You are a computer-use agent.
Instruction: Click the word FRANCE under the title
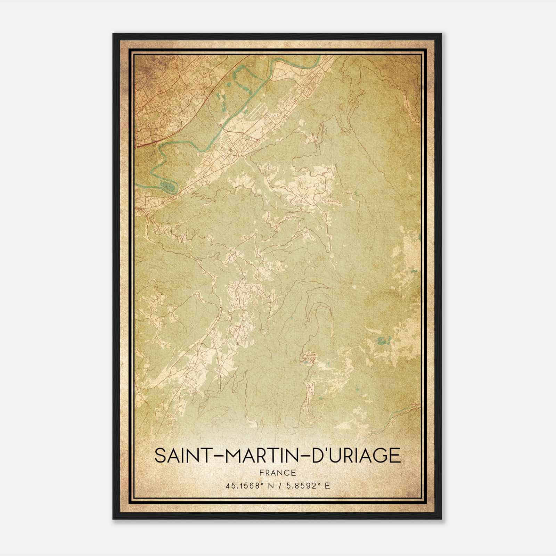(x=277, y=473)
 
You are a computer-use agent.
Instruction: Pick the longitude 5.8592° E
(x=307, y=485)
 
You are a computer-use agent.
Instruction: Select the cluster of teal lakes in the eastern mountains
(x=382, y=341)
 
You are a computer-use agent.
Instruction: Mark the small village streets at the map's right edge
(x=414, y=407)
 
